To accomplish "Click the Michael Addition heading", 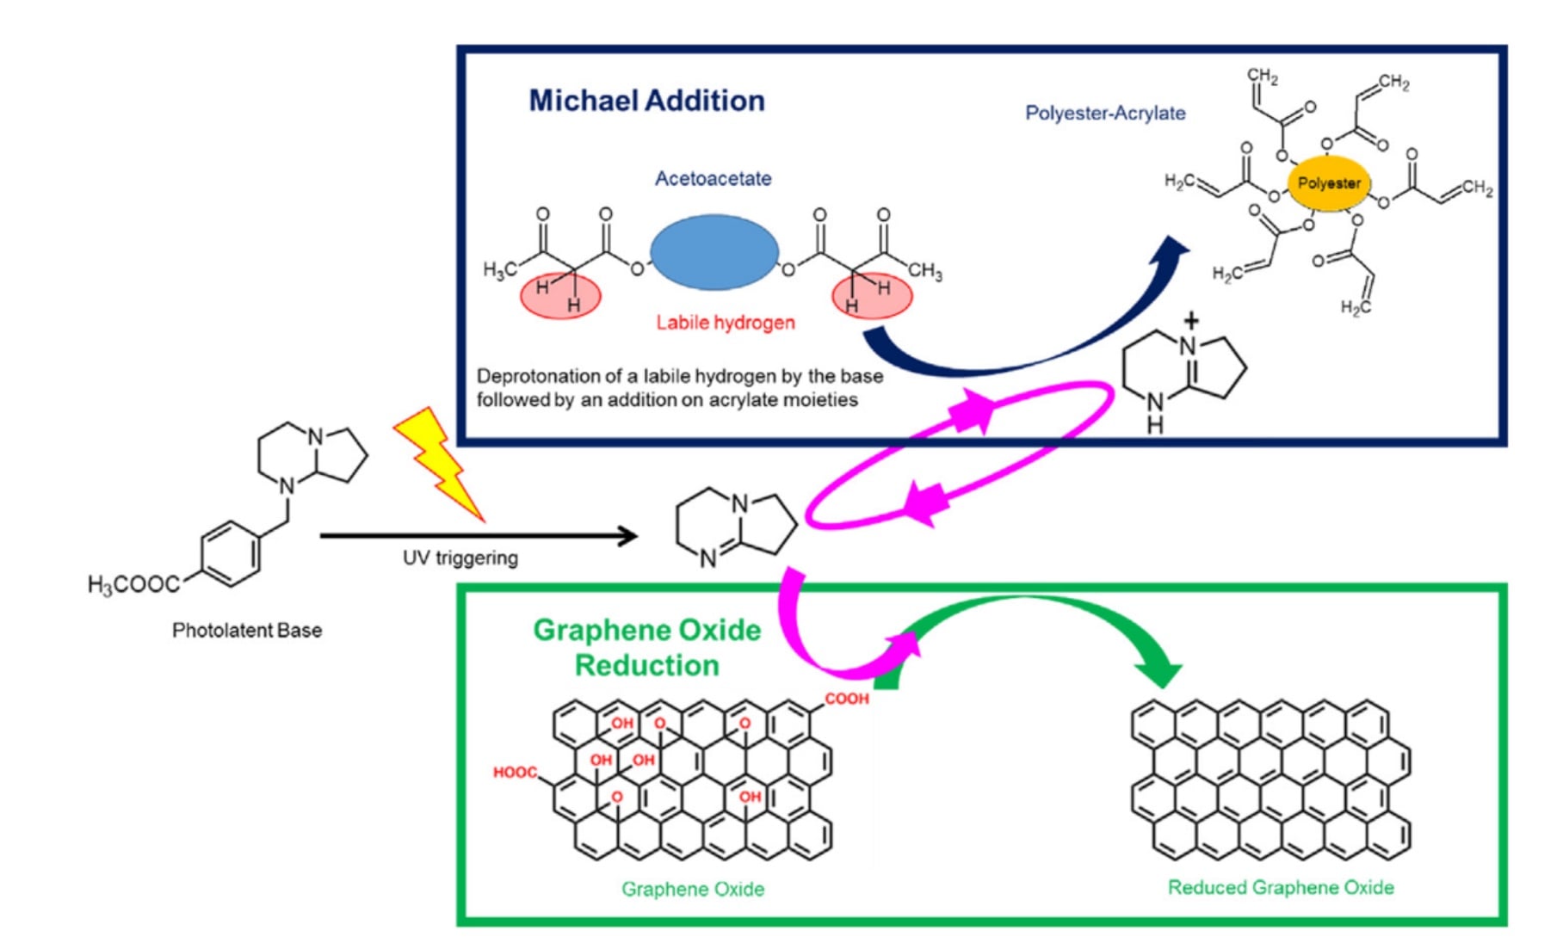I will pos(646,101).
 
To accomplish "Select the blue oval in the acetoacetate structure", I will pos(714,252).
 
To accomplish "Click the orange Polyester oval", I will pos(1329,183).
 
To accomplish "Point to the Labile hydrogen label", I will pos(725,323).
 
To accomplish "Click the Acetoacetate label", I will pos(713,179).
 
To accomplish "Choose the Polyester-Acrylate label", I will pos(1104,114).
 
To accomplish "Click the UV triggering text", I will pos(460,558).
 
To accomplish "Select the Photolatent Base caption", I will pos(247,631).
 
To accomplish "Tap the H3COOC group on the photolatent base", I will pos(133,585).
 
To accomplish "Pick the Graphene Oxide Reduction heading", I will pos(647,648).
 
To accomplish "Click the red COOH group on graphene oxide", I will pos(847,699).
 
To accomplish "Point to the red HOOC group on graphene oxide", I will pos(515,773).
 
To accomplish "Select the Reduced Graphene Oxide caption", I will pos(1280,888).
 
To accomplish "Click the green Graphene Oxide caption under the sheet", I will pos(693,890).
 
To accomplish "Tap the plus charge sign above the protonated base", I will pos(1191,322).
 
